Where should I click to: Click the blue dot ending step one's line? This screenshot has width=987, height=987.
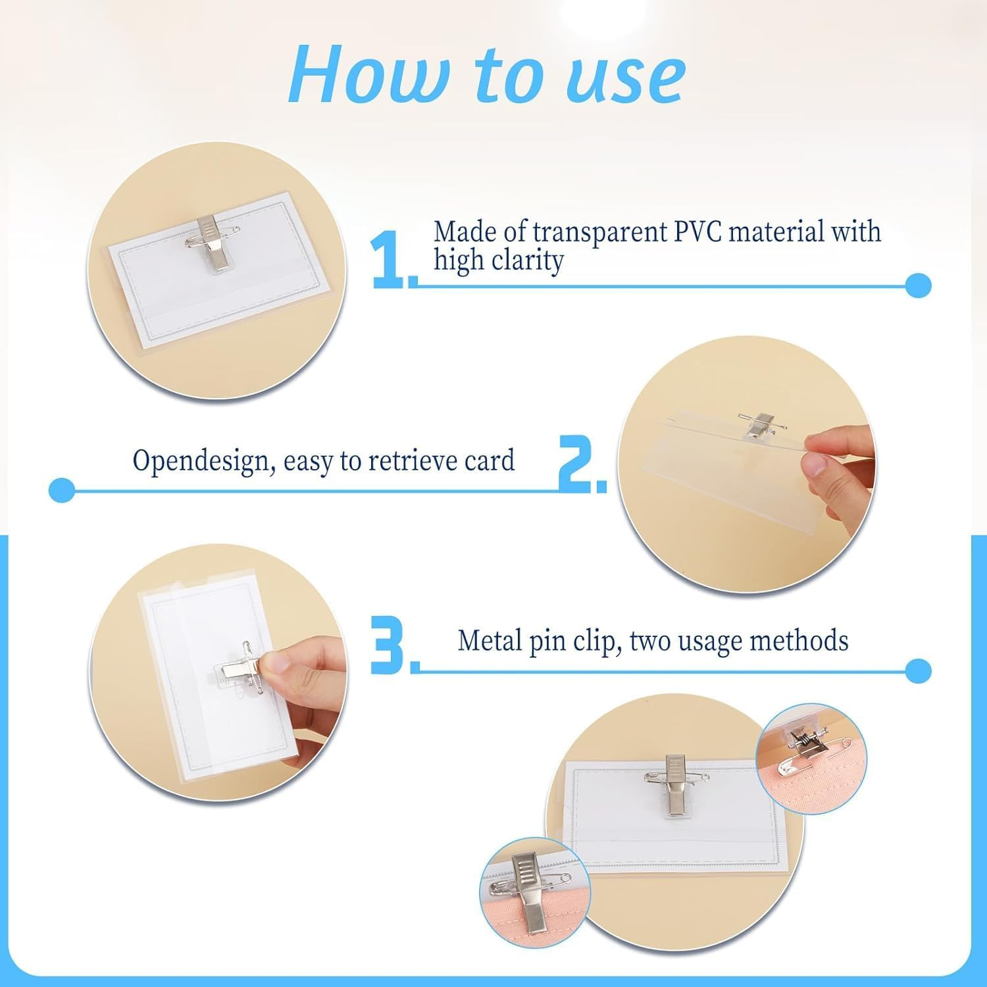918,286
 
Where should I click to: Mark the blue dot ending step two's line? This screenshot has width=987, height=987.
63,490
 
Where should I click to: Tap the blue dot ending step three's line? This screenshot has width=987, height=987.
918,671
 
